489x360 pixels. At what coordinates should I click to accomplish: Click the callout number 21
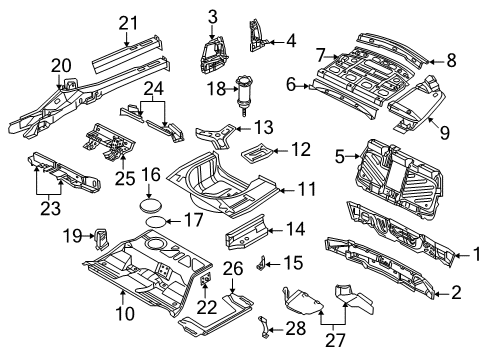click(x=128, y=23)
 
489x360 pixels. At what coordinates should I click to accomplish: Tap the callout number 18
click(x=217, y=89)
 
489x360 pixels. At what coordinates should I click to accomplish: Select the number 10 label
click(x=125, y=314)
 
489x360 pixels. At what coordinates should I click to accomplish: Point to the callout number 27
click(x=335, y=341)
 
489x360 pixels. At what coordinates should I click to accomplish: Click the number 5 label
click(x=339, y=157)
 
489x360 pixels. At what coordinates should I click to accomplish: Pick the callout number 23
click(x=51, y=209)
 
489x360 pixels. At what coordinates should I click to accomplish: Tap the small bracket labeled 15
click(x=261, y=263)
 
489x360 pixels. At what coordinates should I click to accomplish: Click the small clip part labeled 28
click(x=263, y=327)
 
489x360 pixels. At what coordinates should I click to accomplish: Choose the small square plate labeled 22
click(x=205, y=278)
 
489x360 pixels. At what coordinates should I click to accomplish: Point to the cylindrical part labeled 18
click(x=243, y=94)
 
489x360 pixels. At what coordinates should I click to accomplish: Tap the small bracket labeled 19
click(x=101, y=238)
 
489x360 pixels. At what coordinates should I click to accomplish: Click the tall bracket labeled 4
click(x=256, y=36)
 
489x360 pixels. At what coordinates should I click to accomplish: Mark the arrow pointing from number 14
click(x=274, y=230)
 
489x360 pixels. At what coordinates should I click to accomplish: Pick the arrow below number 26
click(x=232, y=285)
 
